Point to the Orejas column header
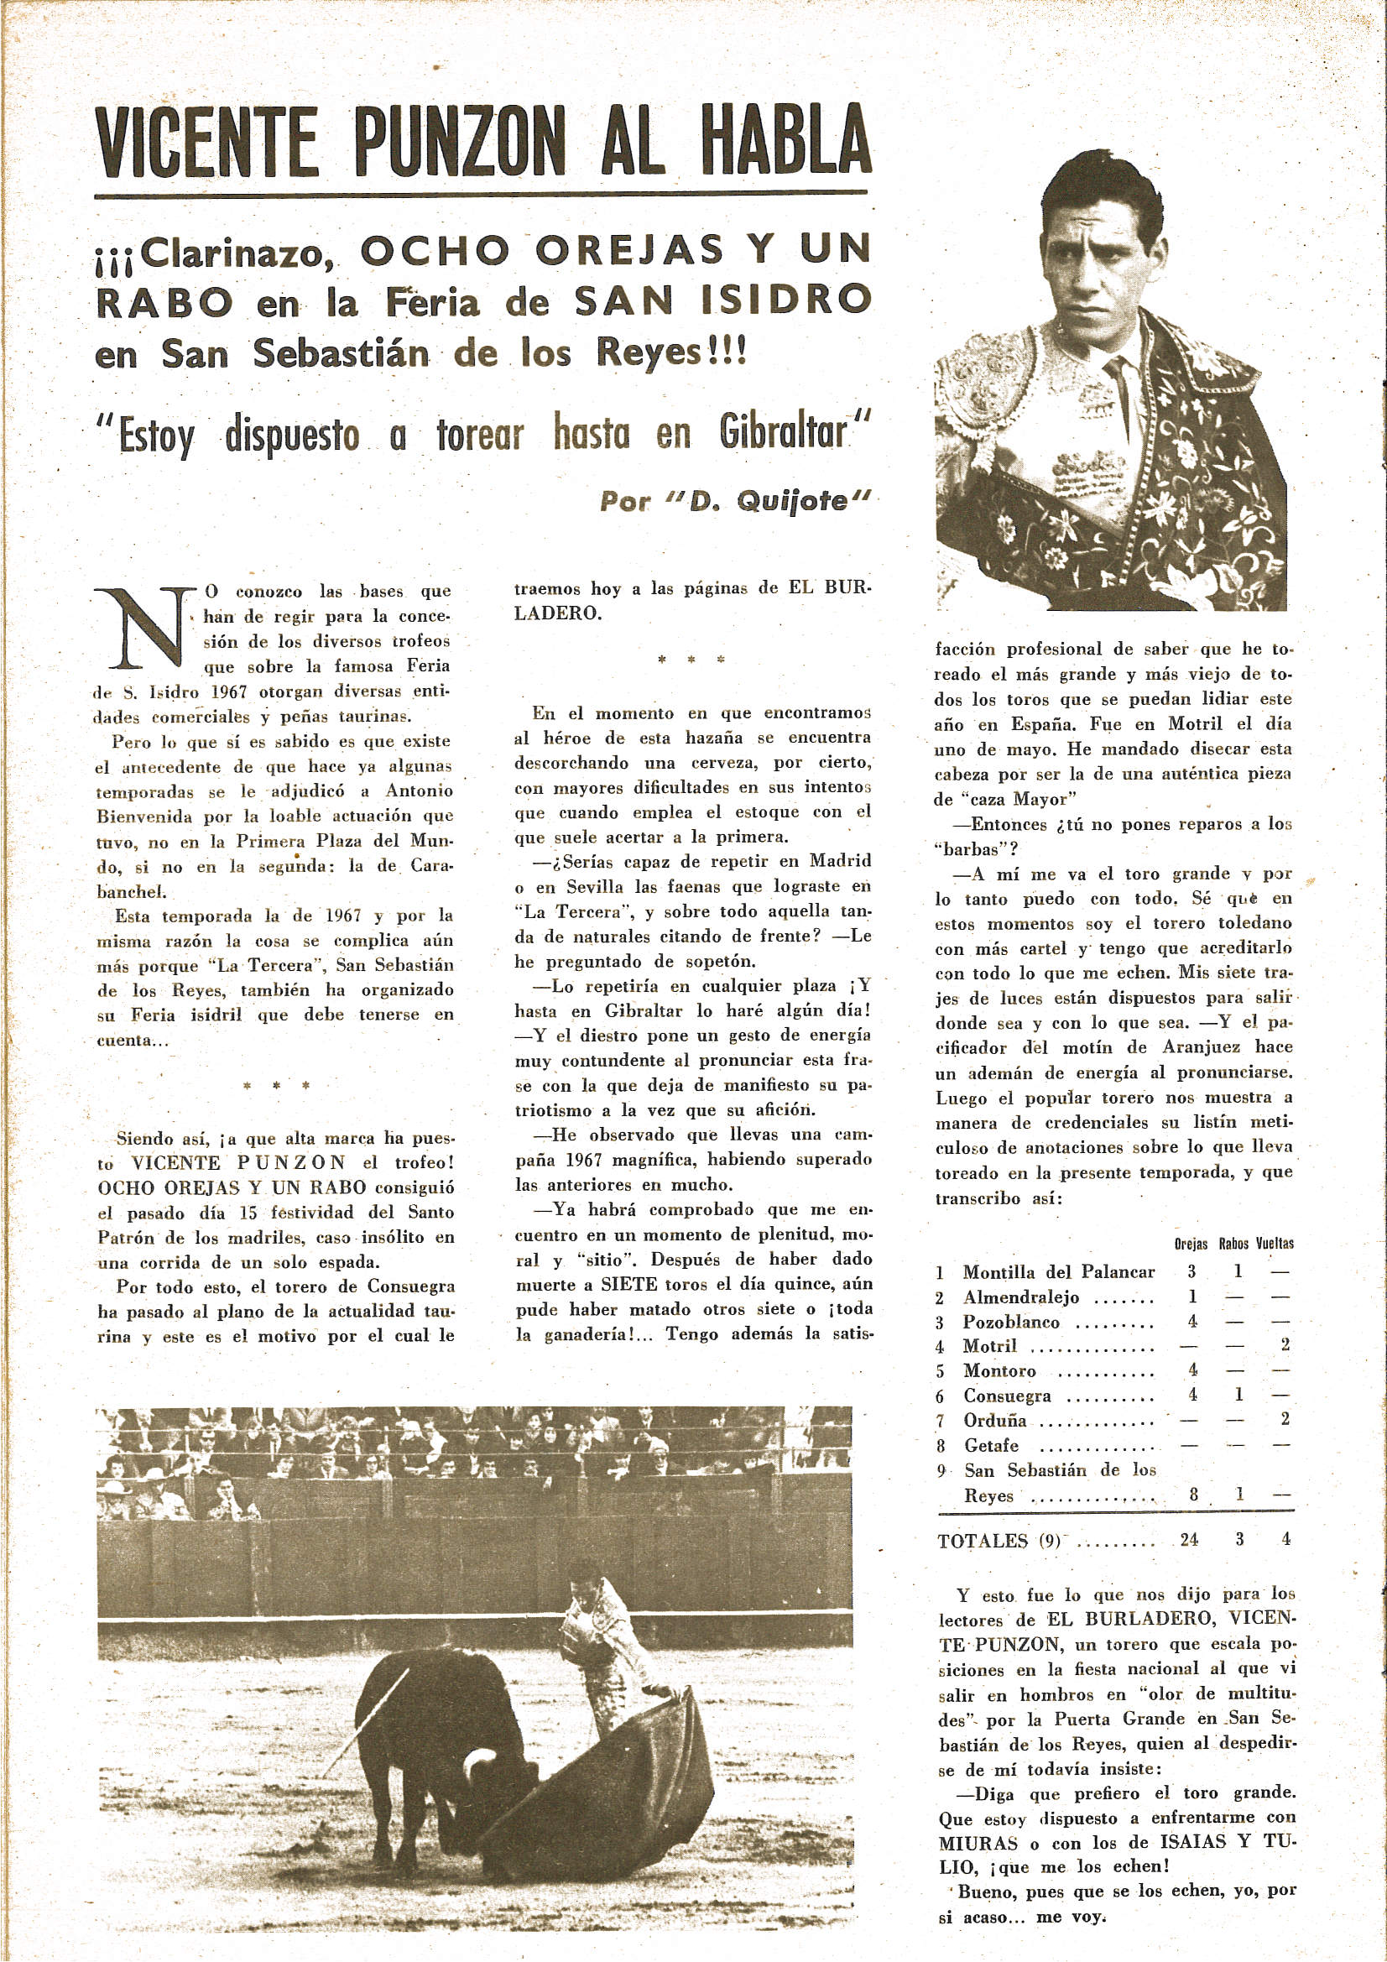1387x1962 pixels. pyautogui.click(x=1191, y=1245)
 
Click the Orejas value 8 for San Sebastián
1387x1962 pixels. pyautogui.click(x=1193, y=1495)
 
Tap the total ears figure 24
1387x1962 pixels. pyautogui.click(x=1189, y=1540)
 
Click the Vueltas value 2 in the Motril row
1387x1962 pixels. pyautogui.click(x=1285, y=1346)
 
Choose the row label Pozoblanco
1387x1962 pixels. pyautogui.click(x=1011, y=1322)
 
